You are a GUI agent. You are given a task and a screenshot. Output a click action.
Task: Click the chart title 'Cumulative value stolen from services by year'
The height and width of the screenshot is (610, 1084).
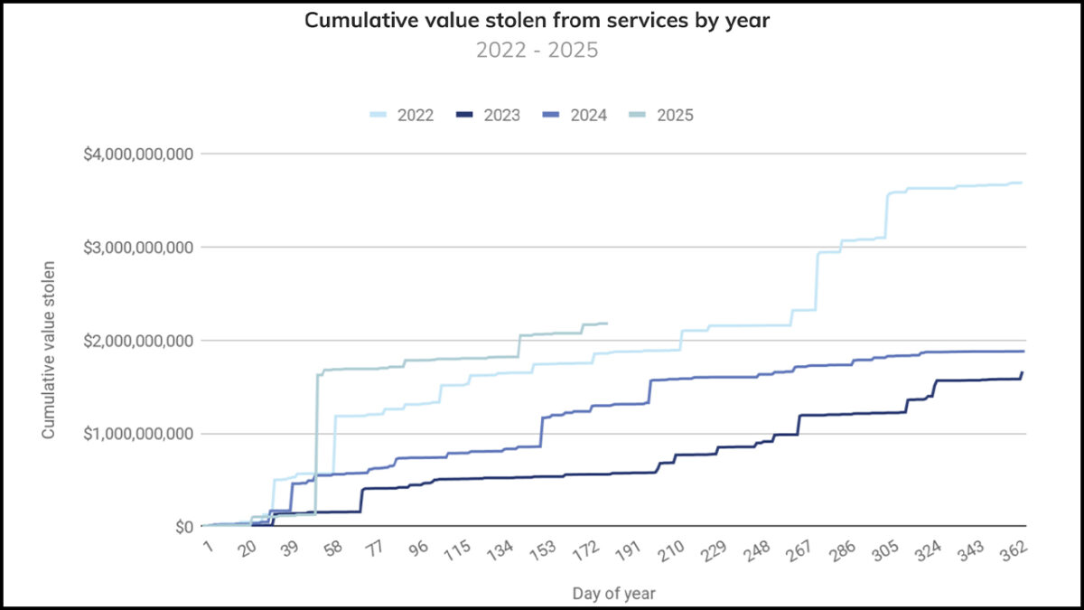click(537, 20)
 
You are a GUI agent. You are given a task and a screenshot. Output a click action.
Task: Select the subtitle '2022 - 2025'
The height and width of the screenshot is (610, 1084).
click(537, 50)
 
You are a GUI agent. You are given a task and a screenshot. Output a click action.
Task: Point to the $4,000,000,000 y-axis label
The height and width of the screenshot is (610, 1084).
click(138, 154)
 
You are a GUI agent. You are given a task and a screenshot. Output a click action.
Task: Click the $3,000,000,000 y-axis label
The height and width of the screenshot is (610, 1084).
click(138, 247)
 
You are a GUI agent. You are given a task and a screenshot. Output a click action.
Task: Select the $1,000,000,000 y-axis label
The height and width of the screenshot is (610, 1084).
click(138, 434)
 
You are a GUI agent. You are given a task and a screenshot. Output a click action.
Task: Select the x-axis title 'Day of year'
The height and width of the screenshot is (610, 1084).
click(613, 594)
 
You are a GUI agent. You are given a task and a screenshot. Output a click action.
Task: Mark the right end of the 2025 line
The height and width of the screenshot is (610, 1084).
click(606, 324)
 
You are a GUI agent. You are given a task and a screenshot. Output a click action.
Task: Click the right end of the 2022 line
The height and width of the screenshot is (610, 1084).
click(1021, 183)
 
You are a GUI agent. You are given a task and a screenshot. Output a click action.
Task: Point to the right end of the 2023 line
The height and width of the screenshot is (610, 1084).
click(1022, 372)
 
